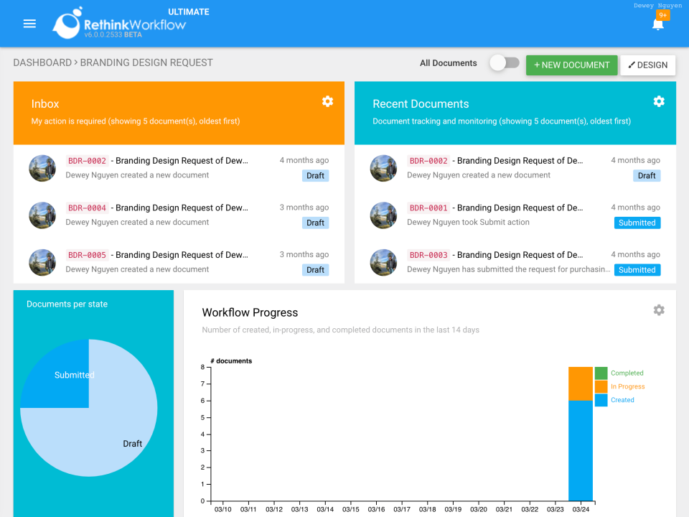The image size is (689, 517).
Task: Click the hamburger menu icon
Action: [x=29, y=24]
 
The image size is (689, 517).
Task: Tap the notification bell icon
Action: [x=657, y=24]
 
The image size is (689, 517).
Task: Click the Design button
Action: [x=647, y=65]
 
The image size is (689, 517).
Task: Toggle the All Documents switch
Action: [x=505, y=63]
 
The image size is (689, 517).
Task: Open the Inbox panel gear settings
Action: [x=327, y=101]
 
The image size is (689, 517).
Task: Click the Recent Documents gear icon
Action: [x=659, y=101]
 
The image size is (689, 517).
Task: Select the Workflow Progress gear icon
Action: [x=659, y=310]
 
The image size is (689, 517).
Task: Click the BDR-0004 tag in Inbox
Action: [x=87, y=208]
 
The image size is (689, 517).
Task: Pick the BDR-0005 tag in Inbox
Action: [x=87, y=255]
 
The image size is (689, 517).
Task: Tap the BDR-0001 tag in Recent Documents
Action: [x=428, y=208]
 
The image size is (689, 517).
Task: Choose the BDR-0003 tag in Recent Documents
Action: [x=428, y=255]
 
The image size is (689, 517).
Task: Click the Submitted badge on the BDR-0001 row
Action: [x=637, y=223]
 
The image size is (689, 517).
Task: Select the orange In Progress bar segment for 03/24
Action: [x=580, y=383]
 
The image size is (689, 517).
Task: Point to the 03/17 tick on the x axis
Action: [x=402, y=509]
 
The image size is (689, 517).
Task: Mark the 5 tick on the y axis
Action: [x=202, y=417]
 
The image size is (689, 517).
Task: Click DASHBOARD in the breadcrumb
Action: [x=42, y=62]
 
